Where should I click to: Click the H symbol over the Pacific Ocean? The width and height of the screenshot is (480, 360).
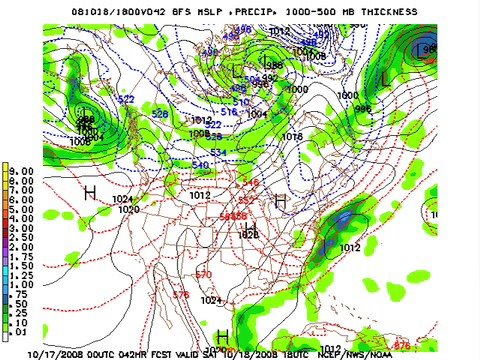pyautogui.click(x=90, y=192)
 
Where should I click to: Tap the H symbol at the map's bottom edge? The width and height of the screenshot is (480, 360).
pyautogui.click(x=222, y=337)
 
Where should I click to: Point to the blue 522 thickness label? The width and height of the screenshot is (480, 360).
pyautogui.click(x=126, y=99)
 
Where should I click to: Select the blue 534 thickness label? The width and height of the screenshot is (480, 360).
pyautogui.click(x=217, y=151)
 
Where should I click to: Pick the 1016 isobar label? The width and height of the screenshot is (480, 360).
pyautogui.click(x=293, y=136)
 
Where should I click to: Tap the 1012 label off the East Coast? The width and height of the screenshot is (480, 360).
pyautogui.click(x=350, y=247)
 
